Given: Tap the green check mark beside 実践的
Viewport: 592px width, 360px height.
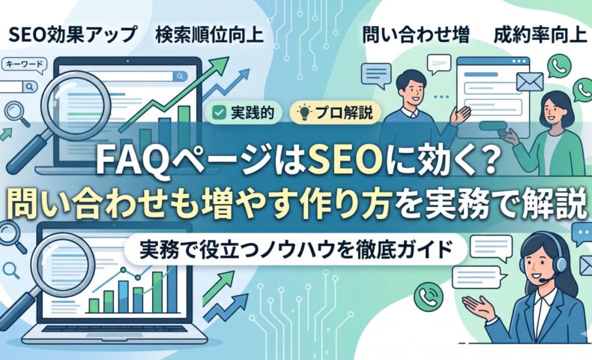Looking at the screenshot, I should point(218,113).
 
